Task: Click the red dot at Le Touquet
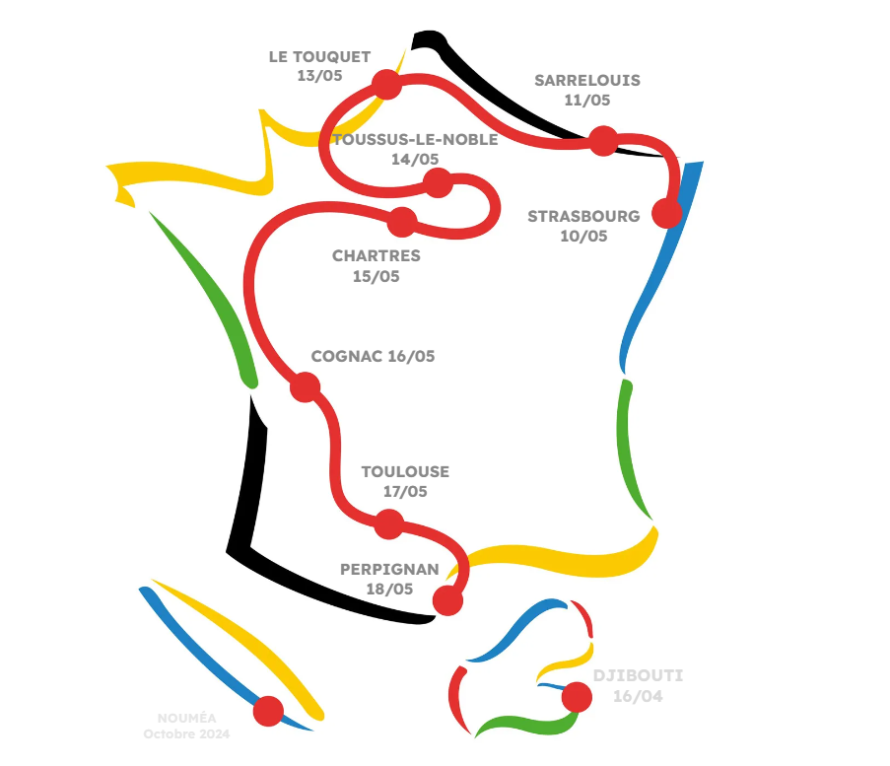tap(386, 84)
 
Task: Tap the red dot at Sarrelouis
tap(603, 141)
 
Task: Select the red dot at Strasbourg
tap(667, 213)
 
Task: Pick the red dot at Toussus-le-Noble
tap(437, 182)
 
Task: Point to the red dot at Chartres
tap(401, 222)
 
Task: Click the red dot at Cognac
tap(306, 386)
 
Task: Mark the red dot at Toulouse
tap(389, 524)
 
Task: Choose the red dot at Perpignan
tap(447, 600)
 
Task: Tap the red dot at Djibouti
tap(576, 698)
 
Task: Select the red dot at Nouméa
tap(268, 710)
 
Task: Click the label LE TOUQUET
tap(319, 57)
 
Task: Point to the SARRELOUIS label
tap(587, 81)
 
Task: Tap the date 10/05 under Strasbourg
tap(584, 237)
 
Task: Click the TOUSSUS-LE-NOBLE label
tap(415, 139)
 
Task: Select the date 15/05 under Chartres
tap(377, 277)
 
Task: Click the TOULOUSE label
tap(405, 472)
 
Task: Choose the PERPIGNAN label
tap(389, 570)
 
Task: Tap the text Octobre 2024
tap(186, 734)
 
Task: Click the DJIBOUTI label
tap(638, 676)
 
